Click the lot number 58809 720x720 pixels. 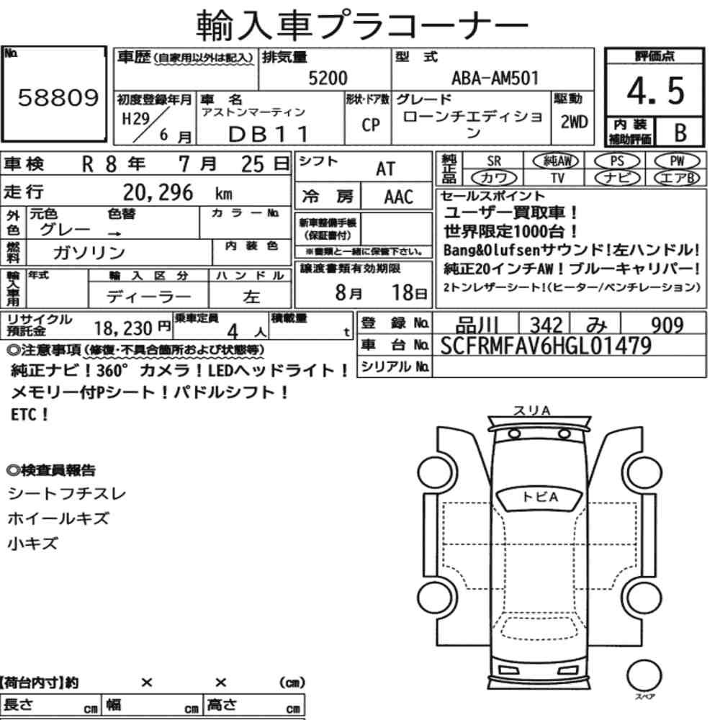[58, 97]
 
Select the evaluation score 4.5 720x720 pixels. [655, 91]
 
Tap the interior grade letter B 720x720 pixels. [680, 132]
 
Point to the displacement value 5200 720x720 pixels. [328, 78]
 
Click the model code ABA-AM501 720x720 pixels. [495, 78]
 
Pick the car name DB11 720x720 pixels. [268, 135]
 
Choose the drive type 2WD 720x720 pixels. [574, 122]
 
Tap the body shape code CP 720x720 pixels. [371, 125]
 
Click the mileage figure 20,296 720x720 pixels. [158, 192]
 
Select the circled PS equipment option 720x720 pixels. [617, 161]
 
